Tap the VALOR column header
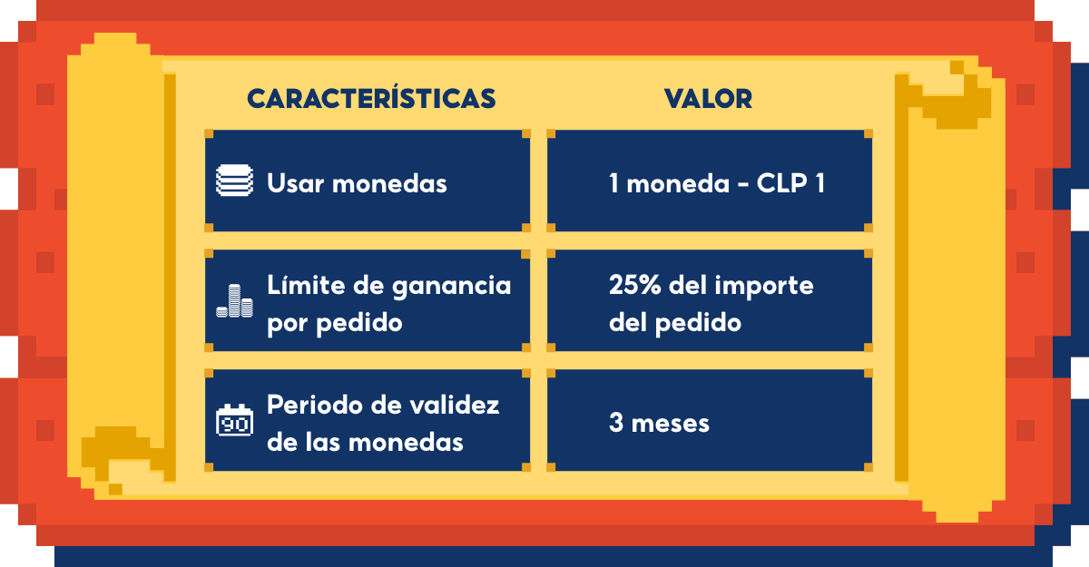point(709,99)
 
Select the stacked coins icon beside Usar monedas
point(234,181)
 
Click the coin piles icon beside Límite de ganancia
point(234,301)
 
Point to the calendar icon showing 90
point(234,420)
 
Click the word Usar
point(295,183)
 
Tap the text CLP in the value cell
point(782,183)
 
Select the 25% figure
point(635,285)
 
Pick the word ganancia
point(452,287)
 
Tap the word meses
point(671,424)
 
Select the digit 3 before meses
point(616,422)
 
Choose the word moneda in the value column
point(678,183)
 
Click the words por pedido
point(335,324)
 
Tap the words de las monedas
point(365,442)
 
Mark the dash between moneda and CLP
point(743,186)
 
